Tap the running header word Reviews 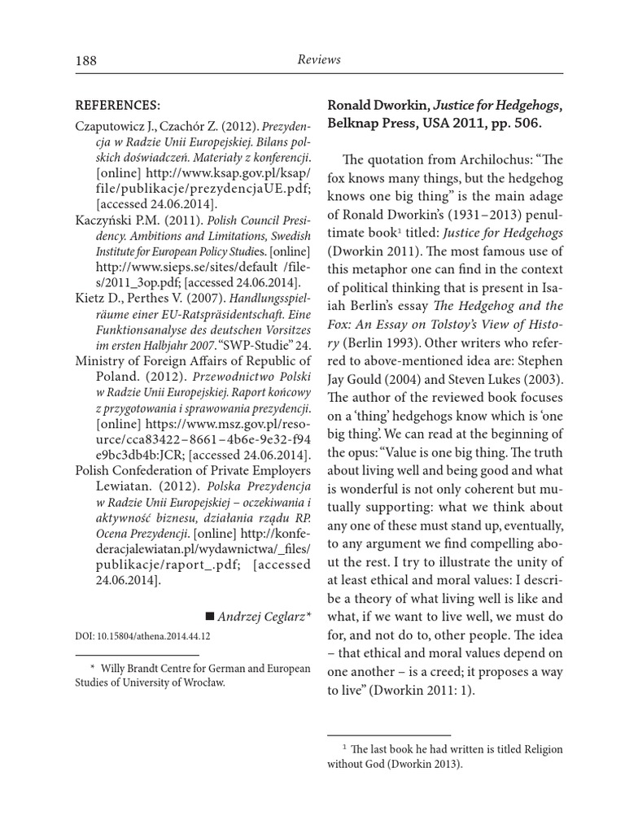click(318, 59)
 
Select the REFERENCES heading click(117, 105)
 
